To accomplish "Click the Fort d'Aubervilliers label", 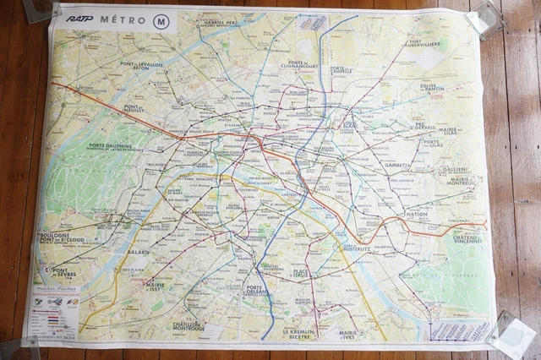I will [424, 43].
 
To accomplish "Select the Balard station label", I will [137, 252].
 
